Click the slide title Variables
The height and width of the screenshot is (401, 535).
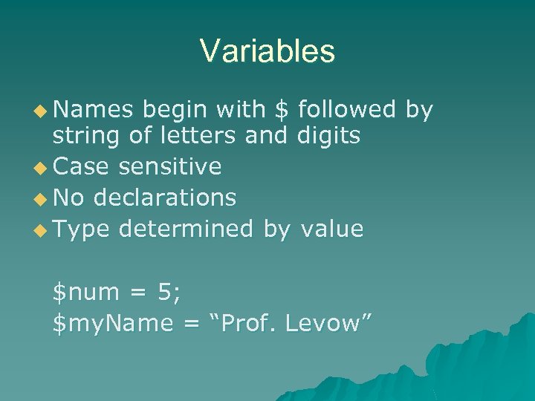click(267, 51)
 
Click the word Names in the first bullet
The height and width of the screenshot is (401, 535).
click(93, 110)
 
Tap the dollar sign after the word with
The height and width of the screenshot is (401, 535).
click(281, 110)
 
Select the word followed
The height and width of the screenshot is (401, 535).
click(346, 110)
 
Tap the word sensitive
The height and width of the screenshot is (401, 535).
click(169, 166)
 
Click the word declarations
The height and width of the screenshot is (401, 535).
click(165, 198)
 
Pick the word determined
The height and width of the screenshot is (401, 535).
click(187, 229)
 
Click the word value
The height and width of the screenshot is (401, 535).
click(331, 229)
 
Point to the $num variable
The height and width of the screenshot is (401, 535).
click(85, 293)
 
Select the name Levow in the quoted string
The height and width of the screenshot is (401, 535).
click(329, 323)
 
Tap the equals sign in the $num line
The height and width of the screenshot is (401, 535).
click(136, 293)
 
